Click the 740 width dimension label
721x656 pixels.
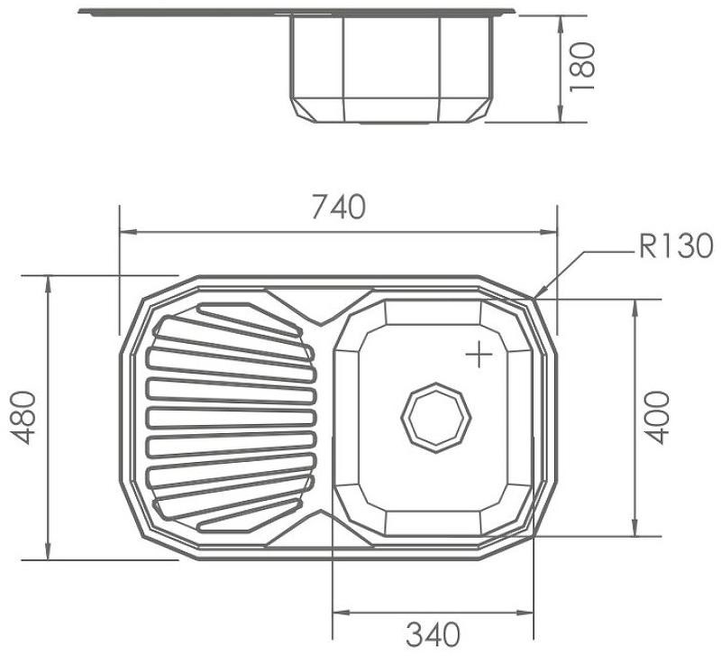(339, 207)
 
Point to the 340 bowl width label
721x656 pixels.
(433, 634)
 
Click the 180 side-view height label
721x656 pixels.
(581, 67)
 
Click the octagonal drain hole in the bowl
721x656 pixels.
(436, 418)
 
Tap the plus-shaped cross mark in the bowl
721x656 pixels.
(479, 354)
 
